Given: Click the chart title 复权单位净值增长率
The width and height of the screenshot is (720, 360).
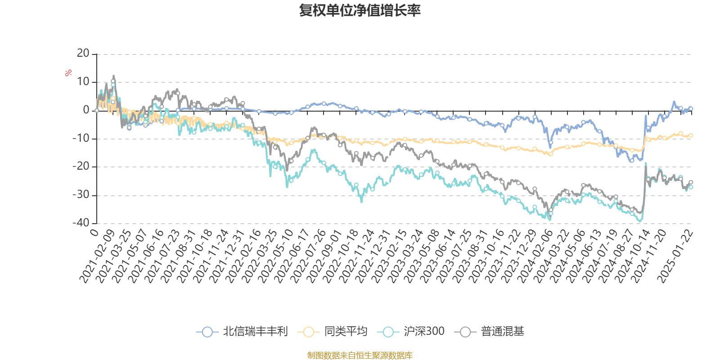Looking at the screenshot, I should (360, 11).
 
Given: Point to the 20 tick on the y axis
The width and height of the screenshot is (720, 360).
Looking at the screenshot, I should (83, 54).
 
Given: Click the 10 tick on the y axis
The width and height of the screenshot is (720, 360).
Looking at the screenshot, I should (83, 82).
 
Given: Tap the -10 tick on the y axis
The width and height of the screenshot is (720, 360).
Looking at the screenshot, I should (81, 138).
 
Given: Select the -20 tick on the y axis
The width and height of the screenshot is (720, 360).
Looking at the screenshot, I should (81, 166).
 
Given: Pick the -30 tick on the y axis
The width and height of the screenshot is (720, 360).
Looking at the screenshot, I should (81, 195).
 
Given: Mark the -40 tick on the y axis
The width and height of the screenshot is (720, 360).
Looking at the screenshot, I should (81, 223).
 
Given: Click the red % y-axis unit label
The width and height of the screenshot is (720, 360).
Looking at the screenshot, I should (68, 73).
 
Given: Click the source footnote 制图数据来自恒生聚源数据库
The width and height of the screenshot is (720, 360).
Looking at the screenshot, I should (360, 355).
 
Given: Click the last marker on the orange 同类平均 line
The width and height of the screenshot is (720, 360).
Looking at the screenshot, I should (691, 135).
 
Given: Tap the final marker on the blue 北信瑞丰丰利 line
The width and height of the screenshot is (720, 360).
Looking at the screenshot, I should (691, 108).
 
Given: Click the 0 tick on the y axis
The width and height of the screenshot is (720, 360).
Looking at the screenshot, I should (86, 110).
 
